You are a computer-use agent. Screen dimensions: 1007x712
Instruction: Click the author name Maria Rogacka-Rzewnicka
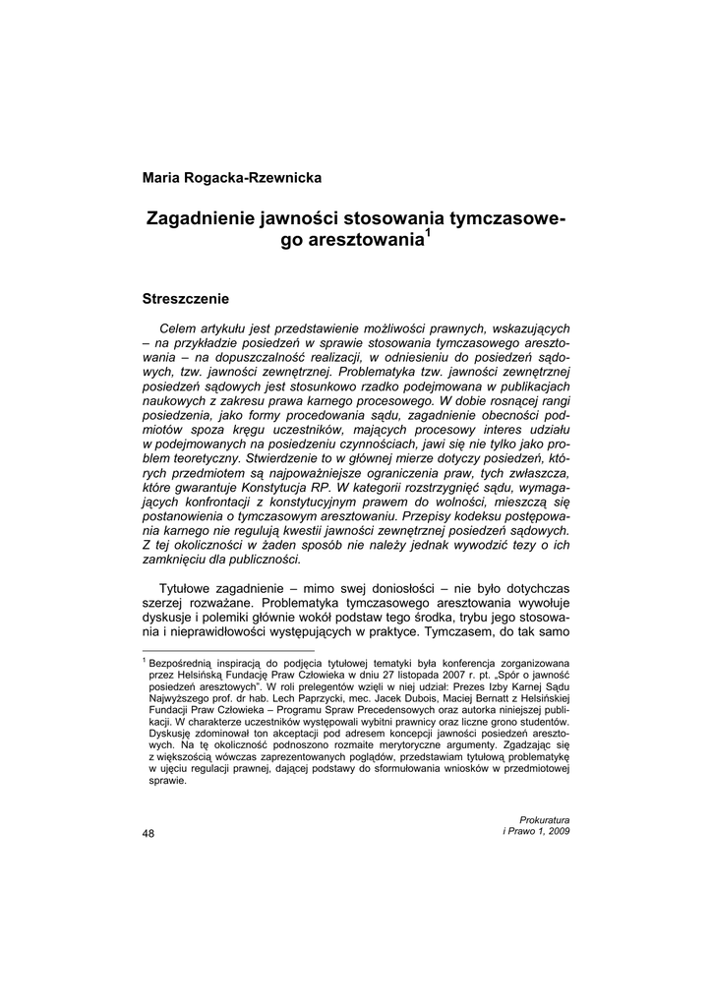(232, 178)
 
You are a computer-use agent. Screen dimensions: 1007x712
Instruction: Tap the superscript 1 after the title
(427, 234)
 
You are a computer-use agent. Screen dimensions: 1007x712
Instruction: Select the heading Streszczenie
(186, 297)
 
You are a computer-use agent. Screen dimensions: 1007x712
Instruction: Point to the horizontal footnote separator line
(228, 651)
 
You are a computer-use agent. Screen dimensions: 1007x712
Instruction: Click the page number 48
(149, 834)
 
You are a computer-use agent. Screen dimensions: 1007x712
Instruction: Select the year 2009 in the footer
(558, 831)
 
